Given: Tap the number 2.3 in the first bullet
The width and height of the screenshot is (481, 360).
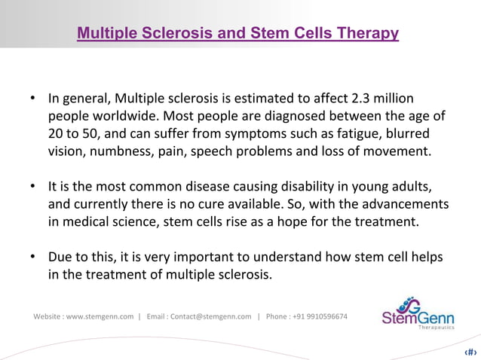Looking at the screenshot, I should point(363,99).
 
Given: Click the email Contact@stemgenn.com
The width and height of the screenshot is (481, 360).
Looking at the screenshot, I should point(211,316).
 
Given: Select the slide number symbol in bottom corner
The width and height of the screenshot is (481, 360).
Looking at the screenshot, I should point(470,351).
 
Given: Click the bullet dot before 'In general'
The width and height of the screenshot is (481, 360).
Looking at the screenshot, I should point(34,100).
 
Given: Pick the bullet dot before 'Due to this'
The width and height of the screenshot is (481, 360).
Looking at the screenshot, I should point(34,258).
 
